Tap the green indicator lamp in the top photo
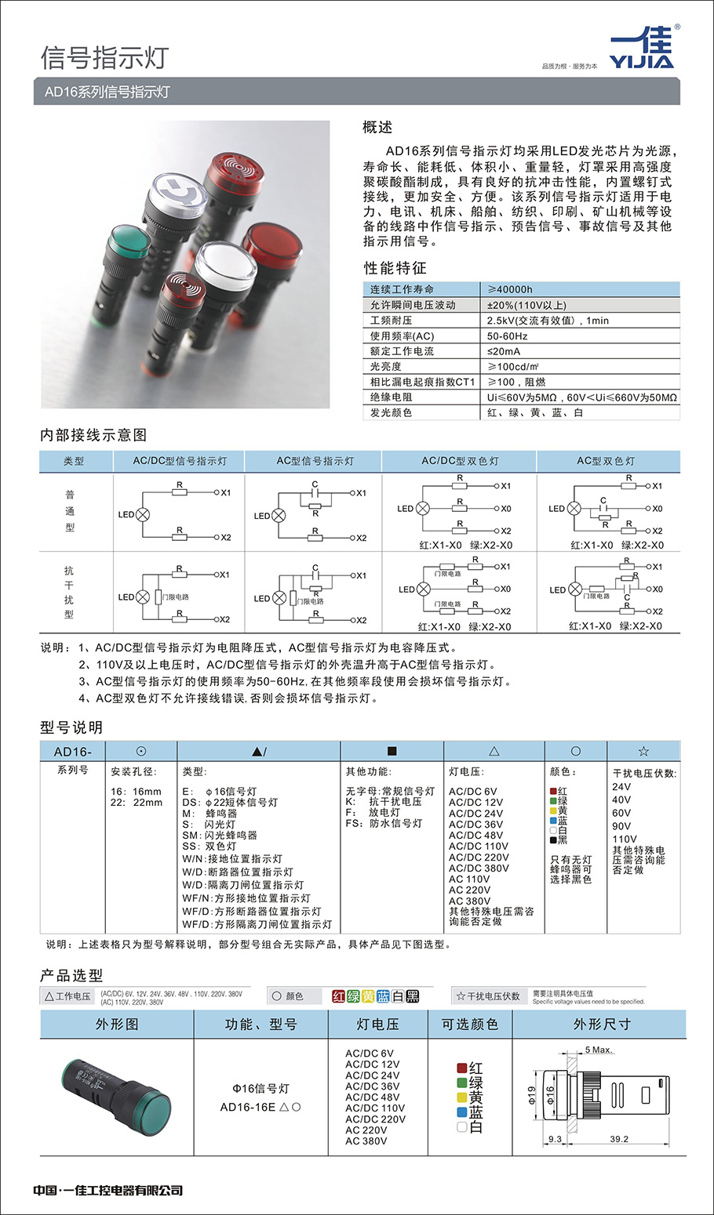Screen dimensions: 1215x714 (x=129, y=241)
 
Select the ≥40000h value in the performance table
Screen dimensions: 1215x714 (x=510, y=289)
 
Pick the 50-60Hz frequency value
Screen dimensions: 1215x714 (x=507, y=335)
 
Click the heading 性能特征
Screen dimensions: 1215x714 (x=395, y=268)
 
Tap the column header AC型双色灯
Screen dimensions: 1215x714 (x=606, y=461)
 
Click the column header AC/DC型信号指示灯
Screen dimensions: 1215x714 (x=180, y=461)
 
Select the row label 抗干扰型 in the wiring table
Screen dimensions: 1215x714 (x=69, y=593)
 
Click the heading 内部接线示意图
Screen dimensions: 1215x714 (x=93, y=435)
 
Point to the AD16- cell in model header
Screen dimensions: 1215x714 (x=72, y=752)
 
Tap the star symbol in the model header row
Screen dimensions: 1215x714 (x=643, y=752)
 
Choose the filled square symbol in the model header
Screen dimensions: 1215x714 (x=392, y=751)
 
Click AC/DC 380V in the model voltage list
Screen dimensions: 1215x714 (x=479, y=869)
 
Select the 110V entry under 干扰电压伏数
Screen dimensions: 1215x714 (x=625, y=839)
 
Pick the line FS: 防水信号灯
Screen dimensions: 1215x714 (x=384, y=823)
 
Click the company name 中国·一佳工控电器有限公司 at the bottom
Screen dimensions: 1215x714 (x=108, y=1190)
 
